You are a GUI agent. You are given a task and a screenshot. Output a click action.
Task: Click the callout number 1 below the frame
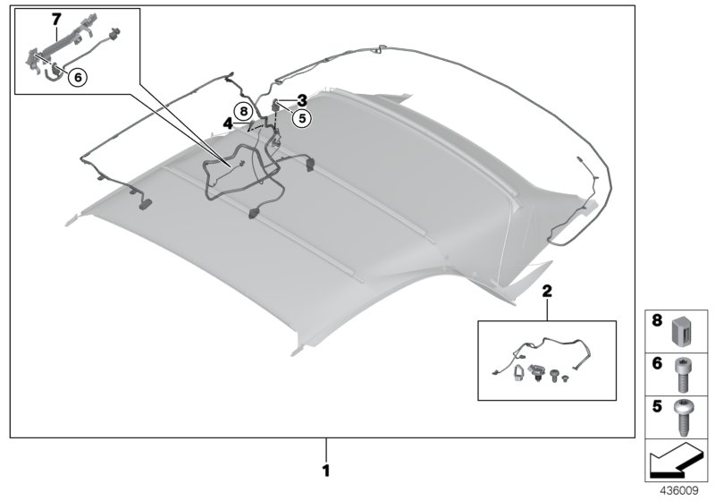(326, 469)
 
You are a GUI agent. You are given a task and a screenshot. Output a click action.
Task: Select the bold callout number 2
(546, 292)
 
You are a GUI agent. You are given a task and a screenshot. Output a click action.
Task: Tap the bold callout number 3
(302, 100)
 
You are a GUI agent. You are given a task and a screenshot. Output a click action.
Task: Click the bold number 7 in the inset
(31, 19)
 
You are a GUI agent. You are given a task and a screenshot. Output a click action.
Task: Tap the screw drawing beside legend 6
(685, 373)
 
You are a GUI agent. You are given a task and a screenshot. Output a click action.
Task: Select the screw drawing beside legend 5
(685, 416)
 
